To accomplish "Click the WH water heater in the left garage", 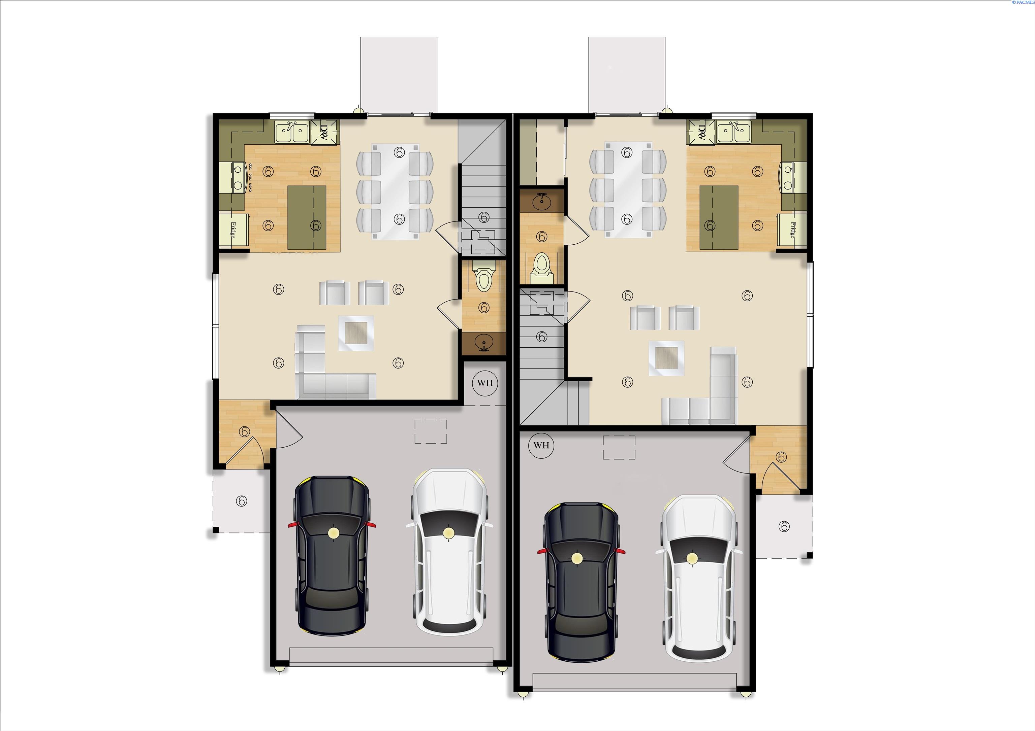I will pos(484,383).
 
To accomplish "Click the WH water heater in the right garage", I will pos(541,445).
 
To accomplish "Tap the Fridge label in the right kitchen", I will pos(792,230).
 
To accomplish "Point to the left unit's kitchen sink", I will pos(292,132).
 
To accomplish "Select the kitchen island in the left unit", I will pos(307,217).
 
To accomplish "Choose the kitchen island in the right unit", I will pos(719,217).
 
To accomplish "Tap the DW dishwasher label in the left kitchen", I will pos(324,132).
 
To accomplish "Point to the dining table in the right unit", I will pos(627,189).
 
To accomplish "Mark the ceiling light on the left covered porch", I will pos(242,500).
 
